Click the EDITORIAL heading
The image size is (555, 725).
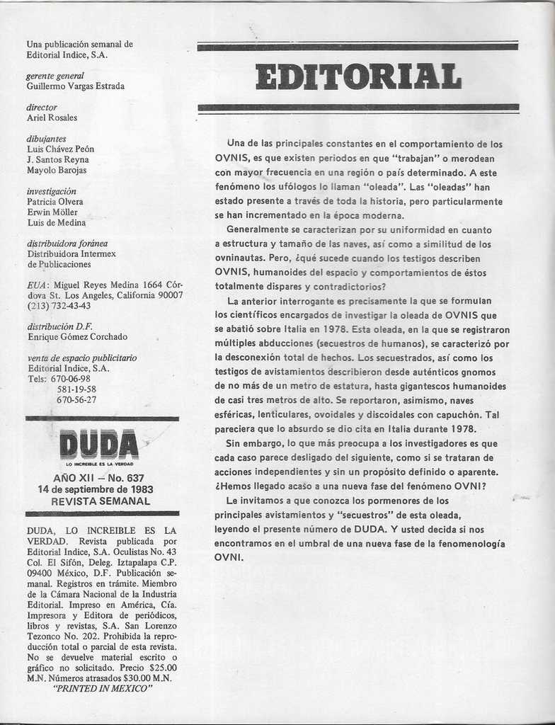(x=358, y=76)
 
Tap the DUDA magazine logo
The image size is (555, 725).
(x=99, y=445)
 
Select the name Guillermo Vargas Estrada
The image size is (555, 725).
(x=76, y=86)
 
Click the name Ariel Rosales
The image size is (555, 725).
(x=52, y=118)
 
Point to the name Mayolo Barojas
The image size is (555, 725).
(x=57, y=170)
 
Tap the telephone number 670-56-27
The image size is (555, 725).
(x=76, y=399)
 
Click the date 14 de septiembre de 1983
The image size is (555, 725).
(x=96, y=489)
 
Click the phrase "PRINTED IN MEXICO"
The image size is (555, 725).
(x=103, y=687)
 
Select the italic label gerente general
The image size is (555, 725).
(x=55, y=76)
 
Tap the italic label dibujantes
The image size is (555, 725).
(x=46, y=139)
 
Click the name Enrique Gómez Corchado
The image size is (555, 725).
(x=77, y=337)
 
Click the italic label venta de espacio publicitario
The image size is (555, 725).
(x=81, y=358)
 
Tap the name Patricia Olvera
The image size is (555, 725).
(x=55, y=202)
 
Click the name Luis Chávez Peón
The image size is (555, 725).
(x=60, y=149)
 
